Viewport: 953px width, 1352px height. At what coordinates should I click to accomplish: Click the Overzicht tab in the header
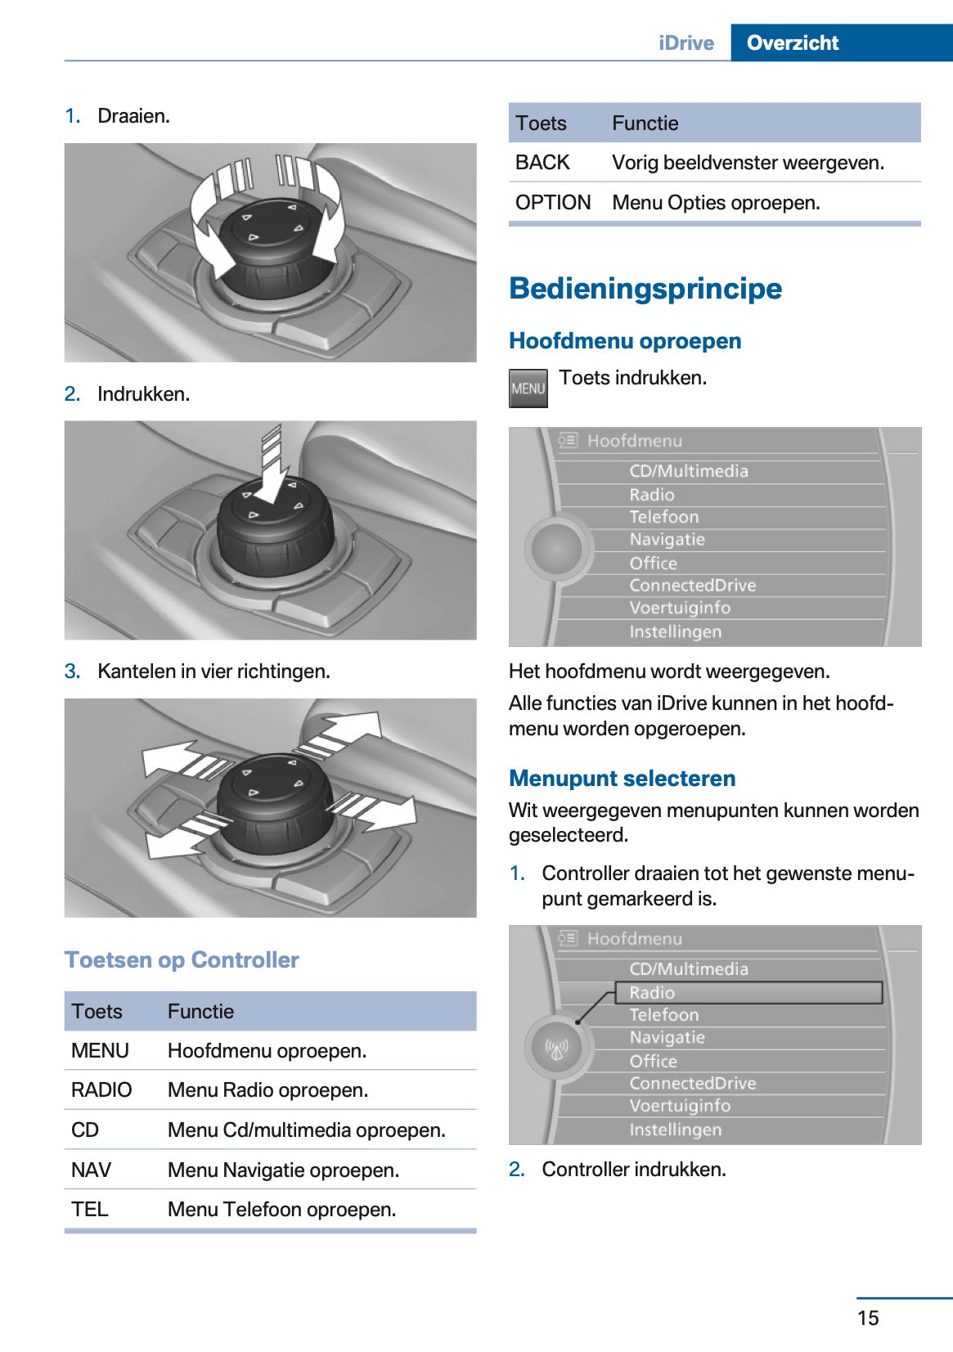click(792, 43)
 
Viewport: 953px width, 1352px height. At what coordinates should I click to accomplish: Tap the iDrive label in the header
click(686, 43)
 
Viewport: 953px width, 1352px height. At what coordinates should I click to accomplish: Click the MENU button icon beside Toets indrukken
click(528, 389)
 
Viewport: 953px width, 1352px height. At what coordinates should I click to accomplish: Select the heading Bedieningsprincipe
click(645, 288)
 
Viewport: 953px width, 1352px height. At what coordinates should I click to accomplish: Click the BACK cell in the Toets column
click(542, 163)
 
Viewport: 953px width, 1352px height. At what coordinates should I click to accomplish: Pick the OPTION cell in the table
click(553, 202)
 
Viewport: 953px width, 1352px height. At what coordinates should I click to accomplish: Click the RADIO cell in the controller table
click(101, 1089)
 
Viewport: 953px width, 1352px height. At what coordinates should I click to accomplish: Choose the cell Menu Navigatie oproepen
click(283, 1170)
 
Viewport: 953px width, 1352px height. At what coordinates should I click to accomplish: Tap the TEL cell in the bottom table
click(90, 1209)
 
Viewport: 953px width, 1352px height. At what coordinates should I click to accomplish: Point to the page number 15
click(868, 1317)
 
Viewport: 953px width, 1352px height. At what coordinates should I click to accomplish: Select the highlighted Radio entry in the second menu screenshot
click(652, 992)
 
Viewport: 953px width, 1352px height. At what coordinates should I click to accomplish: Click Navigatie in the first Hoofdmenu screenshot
click(667, 540)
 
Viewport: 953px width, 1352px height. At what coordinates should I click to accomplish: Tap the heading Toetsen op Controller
click(182, 959)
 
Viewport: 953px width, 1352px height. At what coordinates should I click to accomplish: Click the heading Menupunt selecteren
click(622, 778)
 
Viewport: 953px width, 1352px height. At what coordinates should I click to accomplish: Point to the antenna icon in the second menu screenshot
click(557, 1048)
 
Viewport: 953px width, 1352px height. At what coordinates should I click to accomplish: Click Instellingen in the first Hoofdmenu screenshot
click(675, 631)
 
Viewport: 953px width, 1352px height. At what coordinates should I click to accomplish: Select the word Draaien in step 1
click(133, 116)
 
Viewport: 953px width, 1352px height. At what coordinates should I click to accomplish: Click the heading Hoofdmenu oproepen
click(625, 340)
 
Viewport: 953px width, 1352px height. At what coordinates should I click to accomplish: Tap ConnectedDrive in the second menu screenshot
click(692, 1083)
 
